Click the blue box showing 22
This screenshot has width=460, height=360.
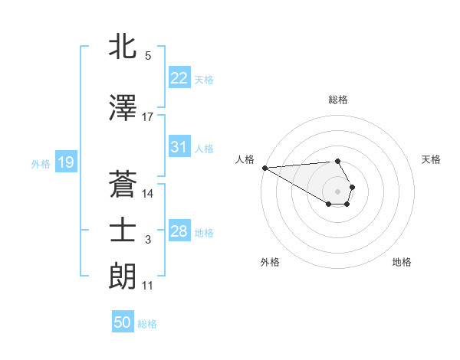(x=179, y=78)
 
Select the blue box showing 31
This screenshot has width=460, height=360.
(x=179, y=147)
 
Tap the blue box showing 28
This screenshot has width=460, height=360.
(x=179, y=231)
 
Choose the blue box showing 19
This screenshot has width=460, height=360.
(x=65, y=162)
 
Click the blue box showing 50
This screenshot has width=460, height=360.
(x=123, y=322)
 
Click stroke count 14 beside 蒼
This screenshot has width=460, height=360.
(x=148, y=194)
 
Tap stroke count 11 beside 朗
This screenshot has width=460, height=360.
(x=148, y=286)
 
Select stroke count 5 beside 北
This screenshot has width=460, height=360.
(x=148, y=56)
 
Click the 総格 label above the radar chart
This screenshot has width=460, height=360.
(x=338, y=100)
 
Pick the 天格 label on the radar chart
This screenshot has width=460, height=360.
(x=432, y=159)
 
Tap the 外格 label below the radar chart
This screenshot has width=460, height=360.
(x=270, y=262)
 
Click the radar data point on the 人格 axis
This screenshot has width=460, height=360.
(x=264, y=168)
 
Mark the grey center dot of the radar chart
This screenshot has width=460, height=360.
(x=338, y=191)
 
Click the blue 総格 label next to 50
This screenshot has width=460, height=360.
(x=147, y=324)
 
